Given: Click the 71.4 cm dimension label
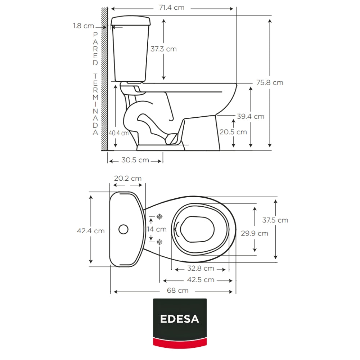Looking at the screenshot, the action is tap(172, 8).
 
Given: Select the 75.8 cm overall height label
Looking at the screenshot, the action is tap(270, 82).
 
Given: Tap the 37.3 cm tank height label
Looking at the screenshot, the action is tap(164, 49).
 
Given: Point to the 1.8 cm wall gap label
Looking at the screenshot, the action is tap(84, 26).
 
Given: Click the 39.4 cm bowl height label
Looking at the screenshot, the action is tap(251, 116).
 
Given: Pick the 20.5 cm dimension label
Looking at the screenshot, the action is tap(233, 132).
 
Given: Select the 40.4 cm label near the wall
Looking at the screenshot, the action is tap(118, 133).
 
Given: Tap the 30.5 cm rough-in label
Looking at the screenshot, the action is tap(135, 160).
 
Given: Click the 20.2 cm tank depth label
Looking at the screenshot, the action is tap(128, 179).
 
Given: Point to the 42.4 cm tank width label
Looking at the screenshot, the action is tap(91, 231).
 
